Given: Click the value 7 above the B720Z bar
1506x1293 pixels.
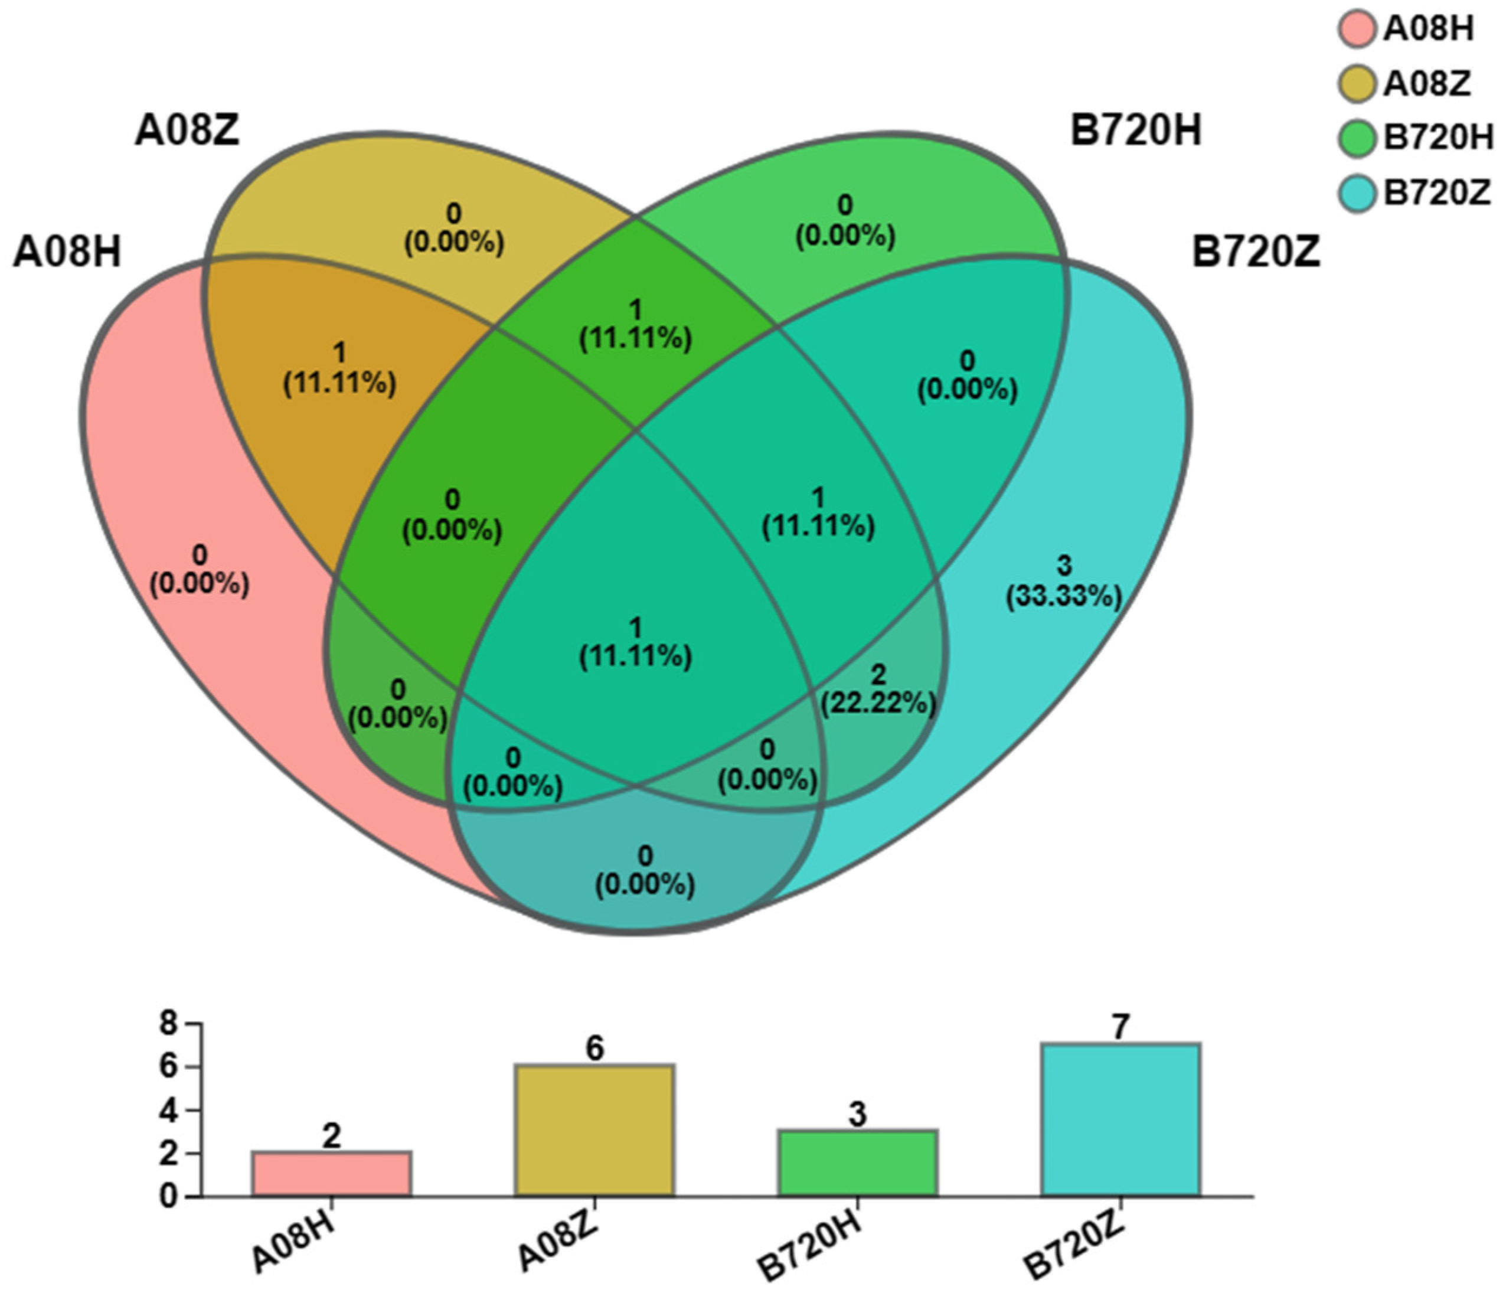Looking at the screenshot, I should (x=1120, y=1027).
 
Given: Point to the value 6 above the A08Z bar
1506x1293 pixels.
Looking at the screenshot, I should (x=594, y=1048).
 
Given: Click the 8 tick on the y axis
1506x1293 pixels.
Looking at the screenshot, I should (x=169, y=1024).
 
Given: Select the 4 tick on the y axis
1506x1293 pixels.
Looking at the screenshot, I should (x=169, y=1111).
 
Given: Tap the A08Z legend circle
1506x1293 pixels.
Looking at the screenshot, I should (x=1356, y=84).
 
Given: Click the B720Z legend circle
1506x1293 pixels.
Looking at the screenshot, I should (x=1356, y=193).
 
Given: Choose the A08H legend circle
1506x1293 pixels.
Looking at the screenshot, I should (x=1356, y=29).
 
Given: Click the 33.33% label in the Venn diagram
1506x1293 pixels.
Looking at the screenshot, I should (x=1063, y=596).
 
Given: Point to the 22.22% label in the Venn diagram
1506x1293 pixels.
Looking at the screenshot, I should (x=878, y=703).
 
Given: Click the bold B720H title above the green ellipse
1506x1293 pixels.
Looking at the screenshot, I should (x=1135, y=132).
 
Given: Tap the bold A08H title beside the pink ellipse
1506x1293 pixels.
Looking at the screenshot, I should (x=67, y=253).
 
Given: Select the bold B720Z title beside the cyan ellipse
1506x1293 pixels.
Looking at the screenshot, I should (x=1255, y=253).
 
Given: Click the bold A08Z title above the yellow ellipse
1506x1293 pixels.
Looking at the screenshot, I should (x=187, y=132).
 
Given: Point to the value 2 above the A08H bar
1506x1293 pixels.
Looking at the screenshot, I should (x=331, y=1136).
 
